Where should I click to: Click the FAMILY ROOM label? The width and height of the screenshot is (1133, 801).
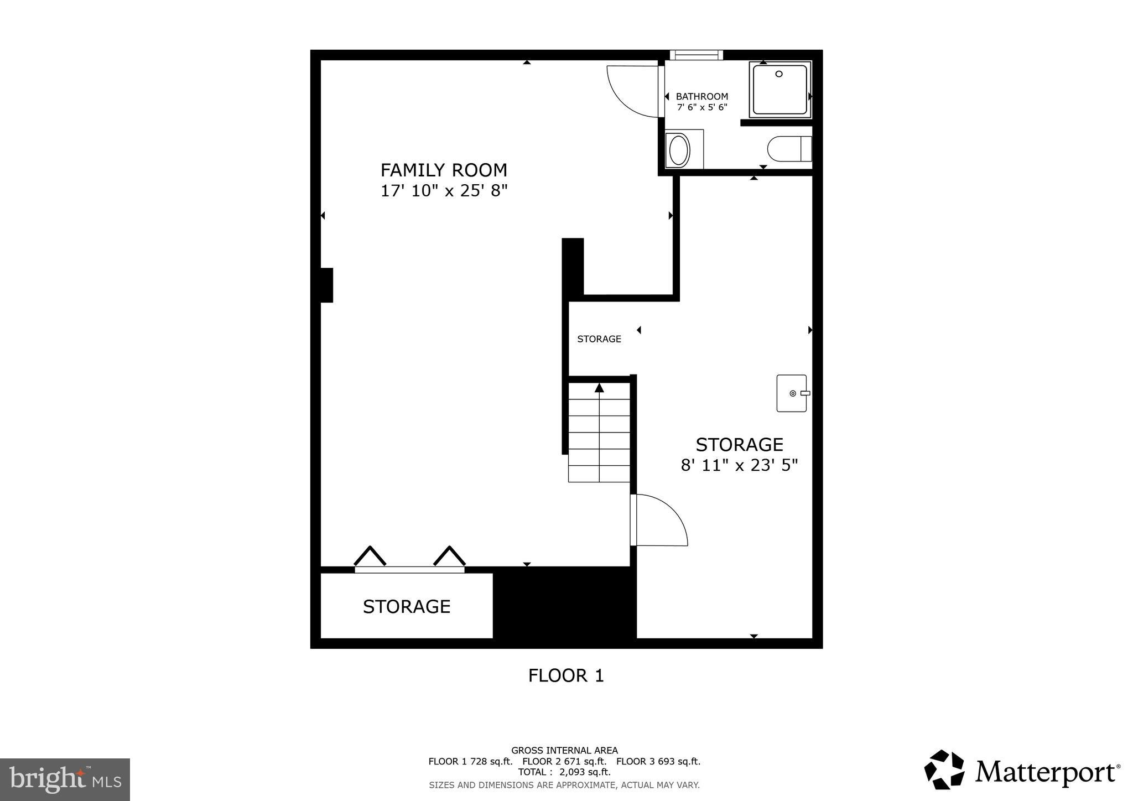pyautogui.click(x=444, y=170)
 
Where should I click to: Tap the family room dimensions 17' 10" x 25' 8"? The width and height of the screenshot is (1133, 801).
pyautogui.click(x=444, y=191)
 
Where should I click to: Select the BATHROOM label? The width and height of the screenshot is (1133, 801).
pyautogui.click(x=701, y=96)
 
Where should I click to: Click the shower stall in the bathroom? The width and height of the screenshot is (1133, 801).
pyautogui.click(x=779, y=90)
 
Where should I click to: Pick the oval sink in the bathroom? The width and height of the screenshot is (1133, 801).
pyautogui.click(x=679, y=149)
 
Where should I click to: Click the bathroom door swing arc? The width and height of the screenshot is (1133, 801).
pyautogui.click(x=631, y=94)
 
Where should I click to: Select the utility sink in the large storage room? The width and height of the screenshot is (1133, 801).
pyautogui.click(x=792, y=393)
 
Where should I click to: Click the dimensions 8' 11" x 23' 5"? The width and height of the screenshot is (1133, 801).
pyautogui.click(x=739, y=465)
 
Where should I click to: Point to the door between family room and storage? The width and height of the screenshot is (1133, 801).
pyautogui.click(x=658, y=520)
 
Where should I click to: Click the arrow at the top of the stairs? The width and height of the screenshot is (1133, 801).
pyautogui.click(x=599, y=388)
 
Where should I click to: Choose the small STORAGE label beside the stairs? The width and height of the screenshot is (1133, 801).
pyautogui.click(x=599, y=339)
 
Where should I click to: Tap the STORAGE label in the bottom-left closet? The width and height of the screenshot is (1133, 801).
pyautogui.click(x=406, y=607)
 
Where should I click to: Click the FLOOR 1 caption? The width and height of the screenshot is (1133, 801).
pyautogui.click(x=565, y=675)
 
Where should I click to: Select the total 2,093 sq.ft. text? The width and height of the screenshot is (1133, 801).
pyautogui.click(x=564, y=772)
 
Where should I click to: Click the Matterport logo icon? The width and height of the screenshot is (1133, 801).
pyautogui.click(x=944, y=769)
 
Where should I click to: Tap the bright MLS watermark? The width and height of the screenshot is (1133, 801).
pyautogui.click(x=65, y=779)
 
